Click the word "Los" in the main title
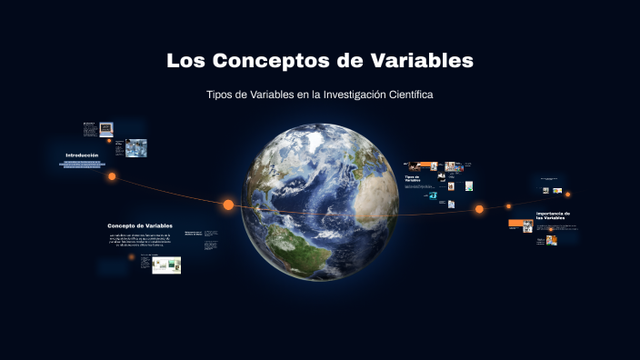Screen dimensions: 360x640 pos(186,62)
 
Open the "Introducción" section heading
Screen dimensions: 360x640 pos(81,155)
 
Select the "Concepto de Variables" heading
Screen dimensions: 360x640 pos(140,225)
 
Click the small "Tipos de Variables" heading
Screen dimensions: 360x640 pos(413,178)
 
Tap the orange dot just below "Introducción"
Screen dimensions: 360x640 pos(112,176)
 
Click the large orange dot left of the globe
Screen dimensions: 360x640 pos(228,205)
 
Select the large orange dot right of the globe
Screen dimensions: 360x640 pos(479,209)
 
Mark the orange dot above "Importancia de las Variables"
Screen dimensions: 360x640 pos(568,195)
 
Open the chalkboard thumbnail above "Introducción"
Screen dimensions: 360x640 pos(105,128)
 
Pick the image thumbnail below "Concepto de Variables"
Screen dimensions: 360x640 pos(166,265)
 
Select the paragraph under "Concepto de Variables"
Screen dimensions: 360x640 pos(140,240)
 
